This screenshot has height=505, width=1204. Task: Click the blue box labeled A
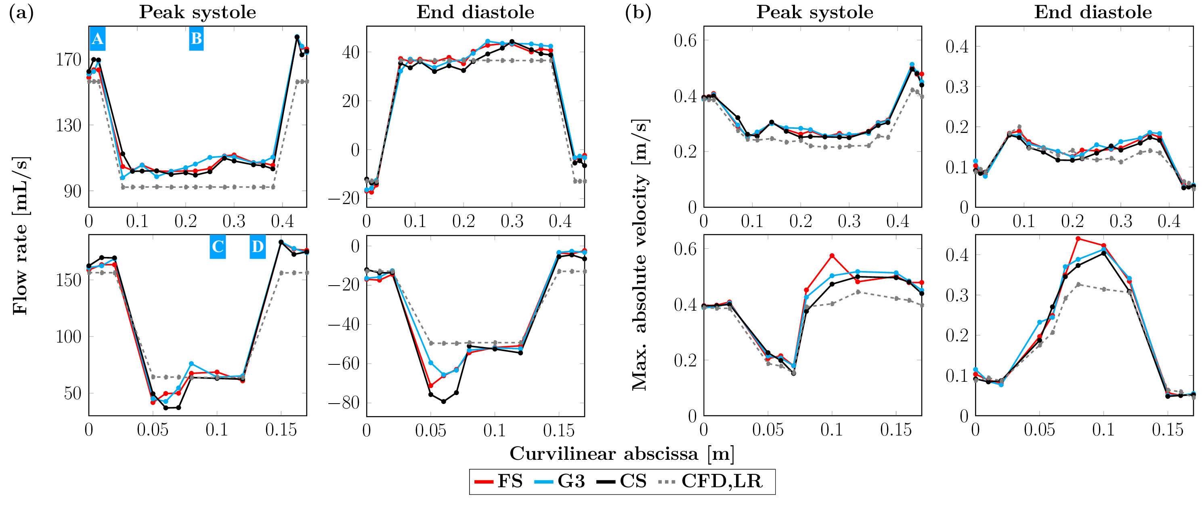tap(97, 39)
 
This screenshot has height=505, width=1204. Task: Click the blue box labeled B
tap(196, 39)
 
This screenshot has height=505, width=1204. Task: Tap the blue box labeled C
tap(217, 247)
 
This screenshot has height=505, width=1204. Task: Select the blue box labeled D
tap(258, 247)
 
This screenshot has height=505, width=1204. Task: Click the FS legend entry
tap(499, 481)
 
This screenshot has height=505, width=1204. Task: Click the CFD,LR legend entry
tap(711, 481)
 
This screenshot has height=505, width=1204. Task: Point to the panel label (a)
tap(21, 13)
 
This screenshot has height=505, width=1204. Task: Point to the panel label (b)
tap(638, 13)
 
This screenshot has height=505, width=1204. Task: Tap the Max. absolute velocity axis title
tap(640, 255)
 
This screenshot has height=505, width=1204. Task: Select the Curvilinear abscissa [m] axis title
tap(622, 454)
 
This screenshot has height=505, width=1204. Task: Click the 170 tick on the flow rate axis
tap(69, 60)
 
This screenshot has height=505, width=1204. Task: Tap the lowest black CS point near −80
tap(444, 402)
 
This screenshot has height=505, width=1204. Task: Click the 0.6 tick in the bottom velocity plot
tap(685, 249)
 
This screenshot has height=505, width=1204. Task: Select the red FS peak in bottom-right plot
tap(1078, 238)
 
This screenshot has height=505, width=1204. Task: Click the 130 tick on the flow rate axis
tap(69, 125)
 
